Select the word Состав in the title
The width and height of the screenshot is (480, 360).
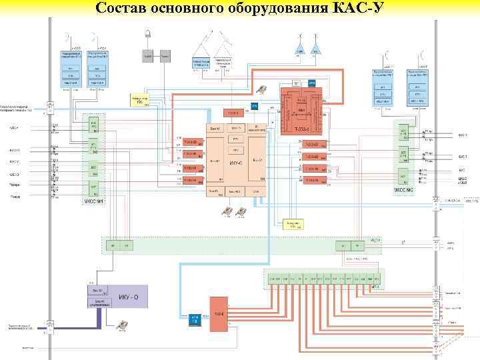pyautogui.click(x=120, y=9)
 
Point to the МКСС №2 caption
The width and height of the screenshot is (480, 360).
pyautogui.click(x=403, y=190)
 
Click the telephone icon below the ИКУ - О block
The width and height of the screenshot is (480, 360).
pyautogui.click(x=122, y=325)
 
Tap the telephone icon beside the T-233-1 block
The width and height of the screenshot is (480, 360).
pyautogui.click(x=263, y=90)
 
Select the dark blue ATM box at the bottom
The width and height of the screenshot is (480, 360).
pyautogui.click(x=195, y=319)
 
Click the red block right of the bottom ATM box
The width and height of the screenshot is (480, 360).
pyautogui.click(x=219, y=313)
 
